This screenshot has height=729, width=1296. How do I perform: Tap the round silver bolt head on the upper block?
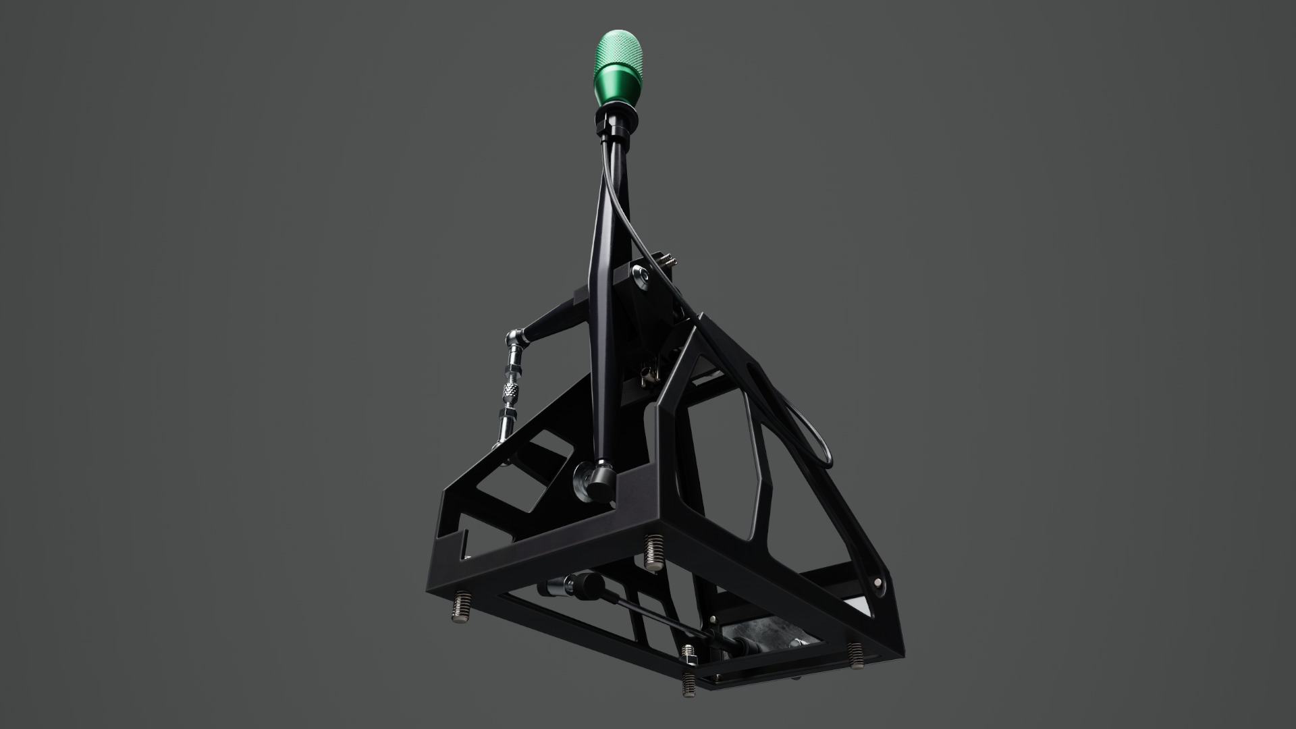pos(640,275)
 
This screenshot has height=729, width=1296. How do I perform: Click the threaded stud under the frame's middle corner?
pos(653,553)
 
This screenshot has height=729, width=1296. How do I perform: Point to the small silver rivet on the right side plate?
pos(877,581)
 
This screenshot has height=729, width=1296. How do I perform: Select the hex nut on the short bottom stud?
pos(688,653)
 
